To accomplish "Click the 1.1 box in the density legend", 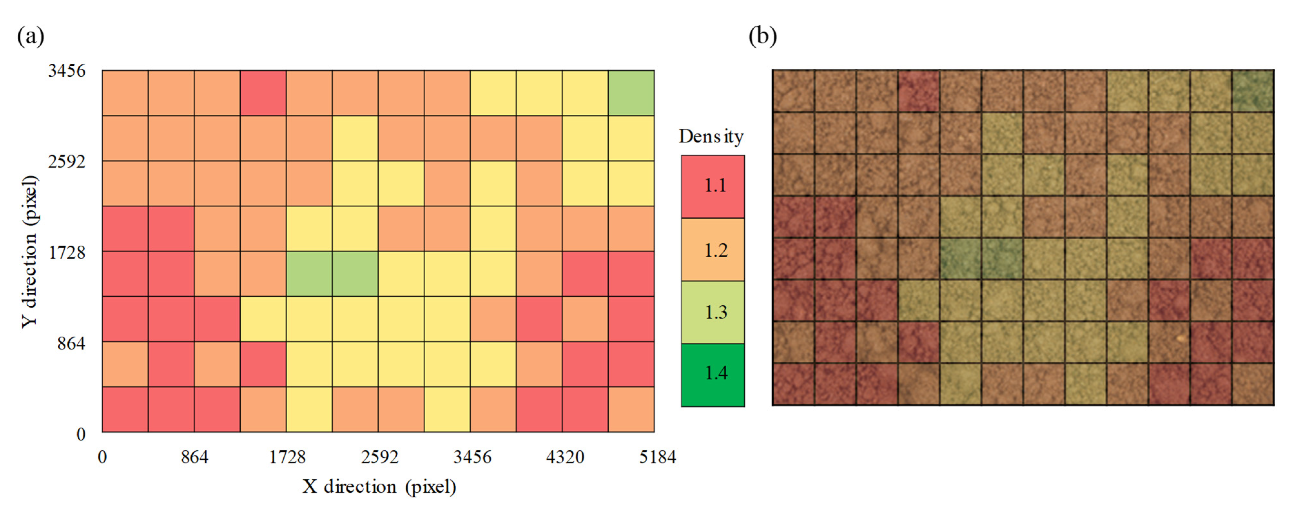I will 712,186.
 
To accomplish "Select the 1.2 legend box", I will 712,249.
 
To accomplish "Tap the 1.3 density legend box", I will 712,312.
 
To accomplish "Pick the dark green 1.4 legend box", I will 712,374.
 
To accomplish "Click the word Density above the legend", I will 711,137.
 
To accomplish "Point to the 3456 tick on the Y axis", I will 67,71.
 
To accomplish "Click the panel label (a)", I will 31,36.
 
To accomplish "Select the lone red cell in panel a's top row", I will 263,93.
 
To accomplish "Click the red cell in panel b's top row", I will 918,91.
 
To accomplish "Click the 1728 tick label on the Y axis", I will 67,252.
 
